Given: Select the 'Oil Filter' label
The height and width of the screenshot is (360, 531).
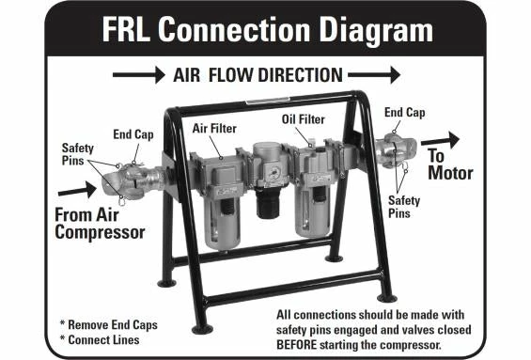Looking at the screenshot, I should [x=302, y=120].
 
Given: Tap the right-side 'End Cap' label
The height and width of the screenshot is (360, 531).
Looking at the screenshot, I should [x=404, y=112].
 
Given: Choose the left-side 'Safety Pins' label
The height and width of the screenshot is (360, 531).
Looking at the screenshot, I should [x=77, y=155].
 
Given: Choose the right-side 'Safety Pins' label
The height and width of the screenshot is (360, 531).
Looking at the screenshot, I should [x=407, y=206].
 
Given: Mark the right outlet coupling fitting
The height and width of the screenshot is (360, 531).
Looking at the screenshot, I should [x=393, y=149].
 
